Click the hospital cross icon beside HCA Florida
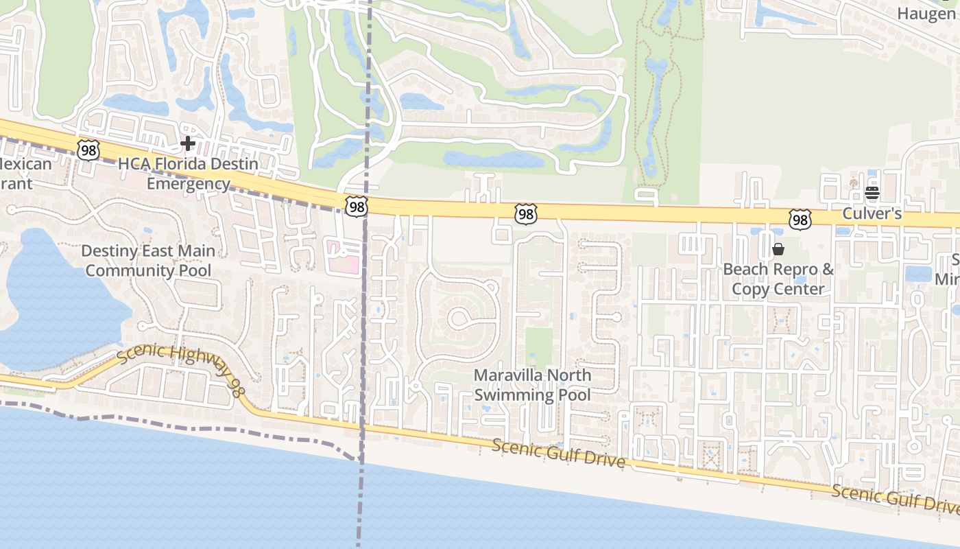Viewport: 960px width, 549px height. [x=187, y=143]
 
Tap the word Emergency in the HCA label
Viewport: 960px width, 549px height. [x=189, y=184]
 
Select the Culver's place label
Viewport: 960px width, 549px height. [x=872, y=213]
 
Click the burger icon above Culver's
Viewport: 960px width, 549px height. [x=872, y=193]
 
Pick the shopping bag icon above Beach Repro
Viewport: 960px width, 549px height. [x=778, y=249]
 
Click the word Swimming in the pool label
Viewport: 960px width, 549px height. [x=514, y=395]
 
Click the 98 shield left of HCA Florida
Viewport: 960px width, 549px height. [x=89, y=150]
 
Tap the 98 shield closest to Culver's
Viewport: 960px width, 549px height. [x=800, y=220]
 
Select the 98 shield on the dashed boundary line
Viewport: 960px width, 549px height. [x=357, y=206]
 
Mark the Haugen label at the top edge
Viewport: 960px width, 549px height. [x=927, y=13]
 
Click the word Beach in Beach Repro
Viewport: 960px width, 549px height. [x=745, y=269]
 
